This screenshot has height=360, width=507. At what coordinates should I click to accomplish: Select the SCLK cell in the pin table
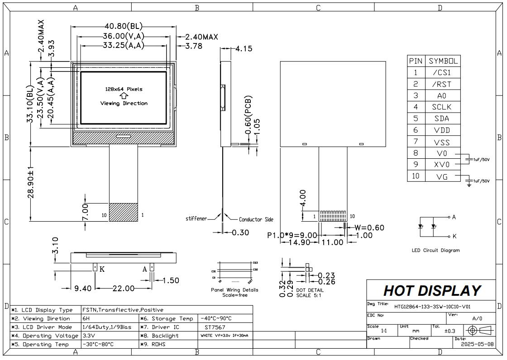442,107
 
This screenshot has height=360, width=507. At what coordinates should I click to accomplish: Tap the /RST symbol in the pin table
442,84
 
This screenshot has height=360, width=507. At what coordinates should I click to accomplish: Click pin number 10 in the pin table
416,176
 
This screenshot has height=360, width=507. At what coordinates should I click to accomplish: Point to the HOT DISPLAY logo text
431,290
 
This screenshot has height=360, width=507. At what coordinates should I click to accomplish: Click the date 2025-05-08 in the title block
477,344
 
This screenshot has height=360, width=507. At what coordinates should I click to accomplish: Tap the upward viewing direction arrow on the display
124,96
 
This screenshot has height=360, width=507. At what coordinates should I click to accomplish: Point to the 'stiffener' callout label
196,219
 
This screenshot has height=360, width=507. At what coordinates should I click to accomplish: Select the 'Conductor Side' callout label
256,219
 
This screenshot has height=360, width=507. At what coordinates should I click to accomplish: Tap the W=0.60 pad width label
369,227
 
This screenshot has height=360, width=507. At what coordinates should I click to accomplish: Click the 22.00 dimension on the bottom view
123,289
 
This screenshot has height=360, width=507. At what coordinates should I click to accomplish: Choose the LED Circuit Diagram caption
435,250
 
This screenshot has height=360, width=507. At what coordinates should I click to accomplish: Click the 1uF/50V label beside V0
482,160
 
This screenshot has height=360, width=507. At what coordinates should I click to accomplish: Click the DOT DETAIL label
310,290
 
